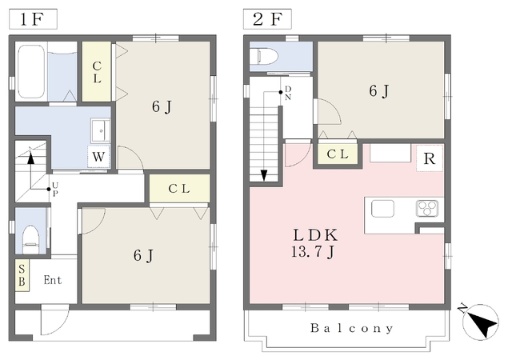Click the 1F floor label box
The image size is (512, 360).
(x=33, y=19)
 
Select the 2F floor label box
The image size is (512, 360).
(x=267, y=19)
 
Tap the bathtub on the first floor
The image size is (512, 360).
(x=31, y=71)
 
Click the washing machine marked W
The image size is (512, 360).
(x=98, y=157)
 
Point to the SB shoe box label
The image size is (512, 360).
(x=22, y=275)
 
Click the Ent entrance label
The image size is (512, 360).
(x=53, y=280)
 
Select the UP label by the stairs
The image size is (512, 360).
(x=55, y=190)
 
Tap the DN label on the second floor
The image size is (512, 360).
(x=288, y=93)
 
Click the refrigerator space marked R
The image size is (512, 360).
(x=430, y=158)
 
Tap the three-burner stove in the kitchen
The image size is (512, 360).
(x=426, y=209)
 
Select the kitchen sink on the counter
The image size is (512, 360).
(x=382, y=209)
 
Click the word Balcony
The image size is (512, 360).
(x=352, y=328)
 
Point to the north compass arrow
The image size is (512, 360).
(x=481, y=322)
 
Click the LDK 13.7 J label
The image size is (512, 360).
(x=314, y=243)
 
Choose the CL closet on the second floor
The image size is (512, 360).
(x=338, y=154)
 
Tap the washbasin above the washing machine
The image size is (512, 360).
(x=100, y=130)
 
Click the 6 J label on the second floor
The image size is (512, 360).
(x=378, y=91)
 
